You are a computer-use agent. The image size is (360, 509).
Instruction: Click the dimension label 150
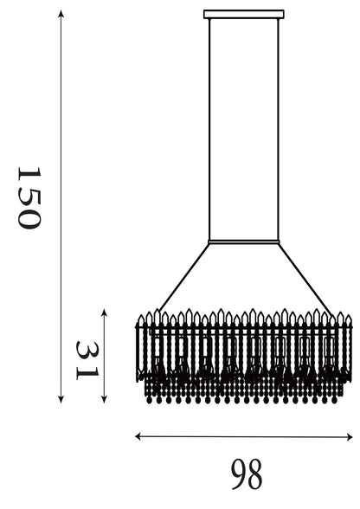click(29, 198)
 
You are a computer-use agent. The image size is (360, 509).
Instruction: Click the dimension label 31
click(87, 360)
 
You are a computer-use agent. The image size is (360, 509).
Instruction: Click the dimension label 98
click(247, 474)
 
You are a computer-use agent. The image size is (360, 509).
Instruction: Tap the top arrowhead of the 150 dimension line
click(61, 13)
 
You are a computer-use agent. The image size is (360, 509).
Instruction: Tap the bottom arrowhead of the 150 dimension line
click(61, 400)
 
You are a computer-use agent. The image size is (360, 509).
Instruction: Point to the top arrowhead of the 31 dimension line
click(104, 312)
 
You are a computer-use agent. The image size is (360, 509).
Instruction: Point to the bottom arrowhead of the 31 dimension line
click(104, 400)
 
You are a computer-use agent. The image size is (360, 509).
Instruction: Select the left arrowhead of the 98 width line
click(138, 436)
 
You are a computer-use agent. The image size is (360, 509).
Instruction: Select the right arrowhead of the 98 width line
click(349, 436)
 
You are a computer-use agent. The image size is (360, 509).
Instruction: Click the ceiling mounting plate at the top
click(244, 14)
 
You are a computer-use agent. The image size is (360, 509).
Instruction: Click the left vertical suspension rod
click(209, 130)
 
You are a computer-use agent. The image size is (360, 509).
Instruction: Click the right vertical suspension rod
click(278, 130)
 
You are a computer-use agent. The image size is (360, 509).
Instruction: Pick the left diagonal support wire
click(184, 277)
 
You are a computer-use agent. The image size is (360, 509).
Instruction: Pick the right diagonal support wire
click(305, 279)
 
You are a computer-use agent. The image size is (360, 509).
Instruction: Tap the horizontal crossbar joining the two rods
click(244, 242)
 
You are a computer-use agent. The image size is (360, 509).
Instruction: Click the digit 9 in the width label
click(239, 474)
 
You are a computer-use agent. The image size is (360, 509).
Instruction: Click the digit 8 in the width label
click(254, 474)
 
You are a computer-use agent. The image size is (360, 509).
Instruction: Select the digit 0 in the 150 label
click(29, 219)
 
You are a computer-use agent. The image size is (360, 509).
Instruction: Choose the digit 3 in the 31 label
click(87, 351)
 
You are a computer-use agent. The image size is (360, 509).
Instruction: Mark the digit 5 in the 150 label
click(29, 196)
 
